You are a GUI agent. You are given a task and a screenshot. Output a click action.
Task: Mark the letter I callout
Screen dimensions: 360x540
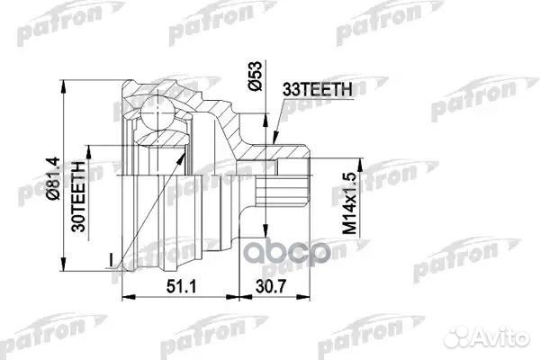click(x=110, y=261)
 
